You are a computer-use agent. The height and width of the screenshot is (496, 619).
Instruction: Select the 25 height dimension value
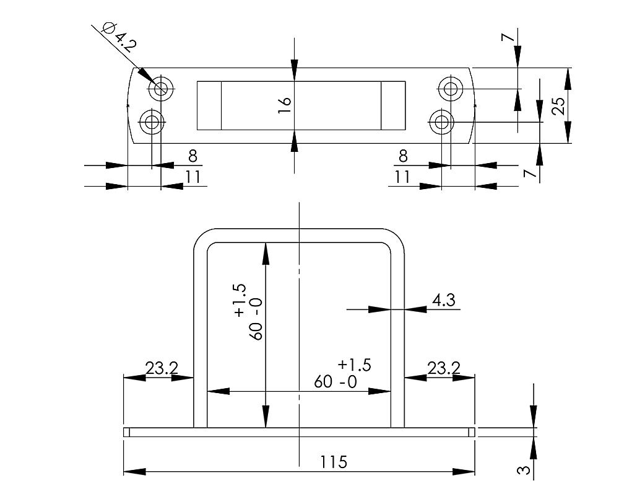[559, 105]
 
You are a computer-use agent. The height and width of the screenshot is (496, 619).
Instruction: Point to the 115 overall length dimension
[334, 462]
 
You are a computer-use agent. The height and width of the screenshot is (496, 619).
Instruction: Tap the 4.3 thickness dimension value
[443, 301]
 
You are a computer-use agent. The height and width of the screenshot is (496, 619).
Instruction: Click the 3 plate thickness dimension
[524, 470]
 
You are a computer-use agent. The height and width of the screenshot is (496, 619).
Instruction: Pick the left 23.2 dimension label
[162, 368]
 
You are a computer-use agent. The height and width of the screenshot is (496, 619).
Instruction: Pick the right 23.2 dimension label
[444, 368]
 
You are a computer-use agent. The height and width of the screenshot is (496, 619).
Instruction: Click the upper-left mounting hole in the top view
[161, 89]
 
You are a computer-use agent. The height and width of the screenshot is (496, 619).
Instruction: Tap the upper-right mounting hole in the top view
[451, 89]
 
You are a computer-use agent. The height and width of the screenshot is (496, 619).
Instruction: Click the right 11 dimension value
[403, 177]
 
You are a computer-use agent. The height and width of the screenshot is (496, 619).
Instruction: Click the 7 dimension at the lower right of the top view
[528, 173]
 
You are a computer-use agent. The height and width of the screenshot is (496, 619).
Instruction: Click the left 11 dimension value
[193, 177]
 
